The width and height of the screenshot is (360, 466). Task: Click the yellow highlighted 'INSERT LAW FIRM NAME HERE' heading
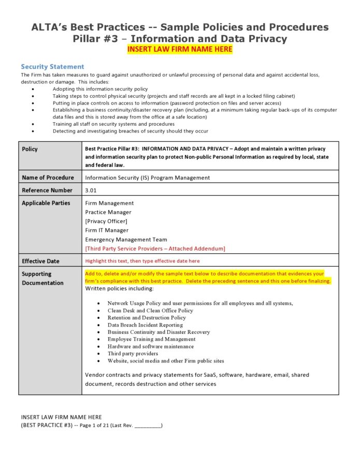point(180,49)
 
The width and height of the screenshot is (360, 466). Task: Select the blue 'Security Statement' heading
point(52,67)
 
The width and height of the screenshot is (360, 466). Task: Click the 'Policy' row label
point(30,149)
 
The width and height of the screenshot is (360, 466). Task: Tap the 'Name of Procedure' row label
point(48,178)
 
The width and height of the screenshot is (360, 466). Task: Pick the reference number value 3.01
point(91,191)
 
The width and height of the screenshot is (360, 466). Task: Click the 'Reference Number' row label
point(47,191)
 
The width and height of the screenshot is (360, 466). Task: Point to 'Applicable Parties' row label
point(46,203)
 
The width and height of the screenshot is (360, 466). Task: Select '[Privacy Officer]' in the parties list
point(106,221)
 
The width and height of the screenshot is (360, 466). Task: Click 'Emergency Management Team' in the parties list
point(126,239)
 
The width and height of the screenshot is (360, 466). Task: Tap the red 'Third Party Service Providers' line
point(155,249)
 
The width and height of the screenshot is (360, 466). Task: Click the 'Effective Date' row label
point(40,261)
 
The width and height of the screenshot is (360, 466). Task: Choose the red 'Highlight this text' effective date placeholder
point(142,261)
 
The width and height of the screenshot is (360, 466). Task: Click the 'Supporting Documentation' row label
point(42,278)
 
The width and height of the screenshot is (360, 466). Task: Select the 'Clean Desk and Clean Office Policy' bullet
point(150,311)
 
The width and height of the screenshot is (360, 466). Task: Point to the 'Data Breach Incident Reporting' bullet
point(146,325)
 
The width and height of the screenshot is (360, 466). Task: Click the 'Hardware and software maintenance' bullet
point(150,346)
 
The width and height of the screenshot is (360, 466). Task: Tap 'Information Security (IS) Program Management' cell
point(148,178)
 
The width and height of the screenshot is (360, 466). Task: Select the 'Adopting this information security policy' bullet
point(100,89)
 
